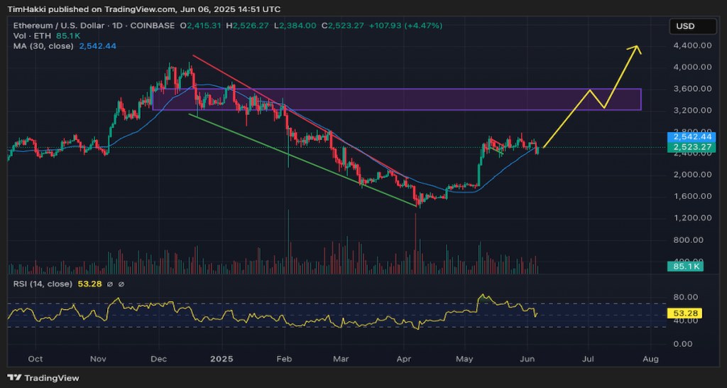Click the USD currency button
685,26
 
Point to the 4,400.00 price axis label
692,45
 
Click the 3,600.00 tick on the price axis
692,89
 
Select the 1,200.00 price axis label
692,217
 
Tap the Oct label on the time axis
35,359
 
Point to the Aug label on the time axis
650,359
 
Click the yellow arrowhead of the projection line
638,48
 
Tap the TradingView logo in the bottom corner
44,378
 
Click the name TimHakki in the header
28,9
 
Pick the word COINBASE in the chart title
155,26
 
